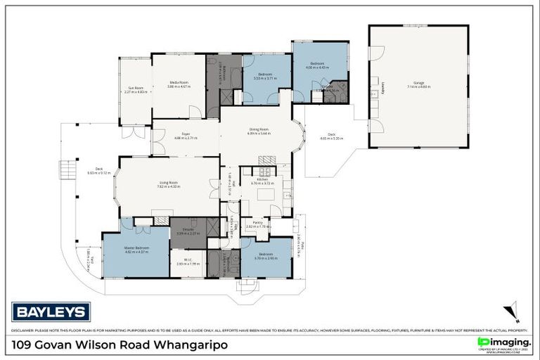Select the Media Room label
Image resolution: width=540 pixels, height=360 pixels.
pyautogui.click(x=179, y=84)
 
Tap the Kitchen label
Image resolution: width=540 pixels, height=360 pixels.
pyautogui.click(x=262, y=181)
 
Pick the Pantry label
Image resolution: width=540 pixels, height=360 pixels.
pyautogui.click(x=258, y=224)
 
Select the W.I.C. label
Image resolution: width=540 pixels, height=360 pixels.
pyautogui.click(x=188, y=262)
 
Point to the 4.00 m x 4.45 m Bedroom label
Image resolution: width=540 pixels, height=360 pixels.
pyautogui.click(x=319, y=65)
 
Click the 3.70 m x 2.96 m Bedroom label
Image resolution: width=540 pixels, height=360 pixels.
pyautogui.click(x=265, y=255)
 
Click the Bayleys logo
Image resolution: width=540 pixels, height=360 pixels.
pyautogui.click(x=51, y=311)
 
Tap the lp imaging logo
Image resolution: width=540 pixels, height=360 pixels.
pyautogui.click(x=501, y=342)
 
